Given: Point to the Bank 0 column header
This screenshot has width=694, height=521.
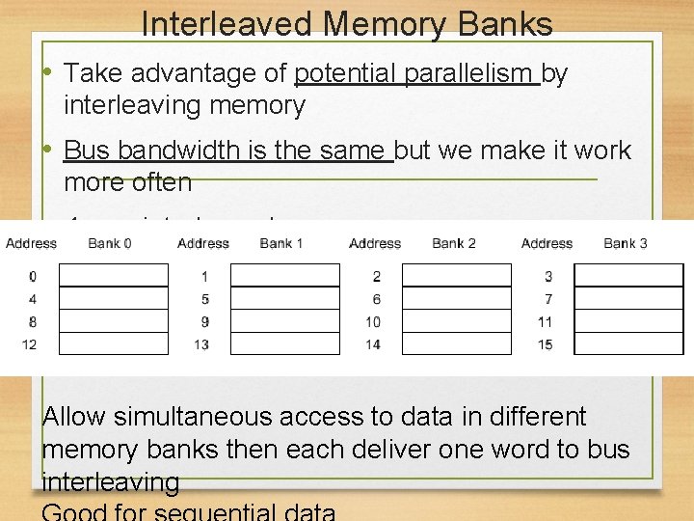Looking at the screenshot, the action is pos(110,243).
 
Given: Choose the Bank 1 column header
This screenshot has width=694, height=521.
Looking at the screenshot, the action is pos(281,243).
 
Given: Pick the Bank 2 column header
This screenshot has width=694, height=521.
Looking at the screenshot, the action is pos(453,243).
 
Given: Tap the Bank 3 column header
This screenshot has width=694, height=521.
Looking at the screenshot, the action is pos(626,243).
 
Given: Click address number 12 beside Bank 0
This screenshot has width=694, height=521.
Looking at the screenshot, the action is pos(30,344).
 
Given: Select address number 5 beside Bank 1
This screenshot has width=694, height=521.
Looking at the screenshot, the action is pos(204,299).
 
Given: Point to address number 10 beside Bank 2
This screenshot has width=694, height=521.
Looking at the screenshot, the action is pos(373,322).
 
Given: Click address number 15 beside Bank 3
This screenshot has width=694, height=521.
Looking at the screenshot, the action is pos(546,344).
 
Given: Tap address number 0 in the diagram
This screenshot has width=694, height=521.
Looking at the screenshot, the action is pos(33,277).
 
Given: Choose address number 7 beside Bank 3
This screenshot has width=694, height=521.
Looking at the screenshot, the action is pos(548,299).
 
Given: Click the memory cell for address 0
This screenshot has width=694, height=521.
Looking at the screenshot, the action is pos(114,276).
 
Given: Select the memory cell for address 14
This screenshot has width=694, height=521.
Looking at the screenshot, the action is pos(457,343).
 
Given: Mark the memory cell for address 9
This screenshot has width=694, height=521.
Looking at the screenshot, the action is pos(285,321).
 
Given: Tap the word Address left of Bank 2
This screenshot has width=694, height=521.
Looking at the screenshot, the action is pos(375,243).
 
